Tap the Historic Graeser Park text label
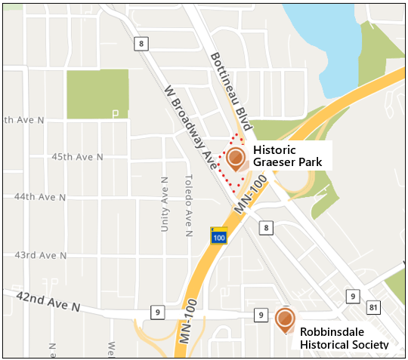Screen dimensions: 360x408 point(287,155)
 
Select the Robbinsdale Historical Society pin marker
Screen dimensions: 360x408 point(285,319)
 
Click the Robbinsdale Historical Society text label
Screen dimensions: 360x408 point(344,337)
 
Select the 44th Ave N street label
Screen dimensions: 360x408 point(41,197)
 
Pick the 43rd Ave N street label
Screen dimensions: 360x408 point(40,255)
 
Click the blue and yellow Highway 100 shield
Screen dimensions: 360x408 point(219,235)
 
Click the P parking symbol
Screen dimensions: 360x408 point(116,114)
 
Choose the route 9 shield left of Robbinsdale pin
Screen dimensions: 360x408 point(259,315)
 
